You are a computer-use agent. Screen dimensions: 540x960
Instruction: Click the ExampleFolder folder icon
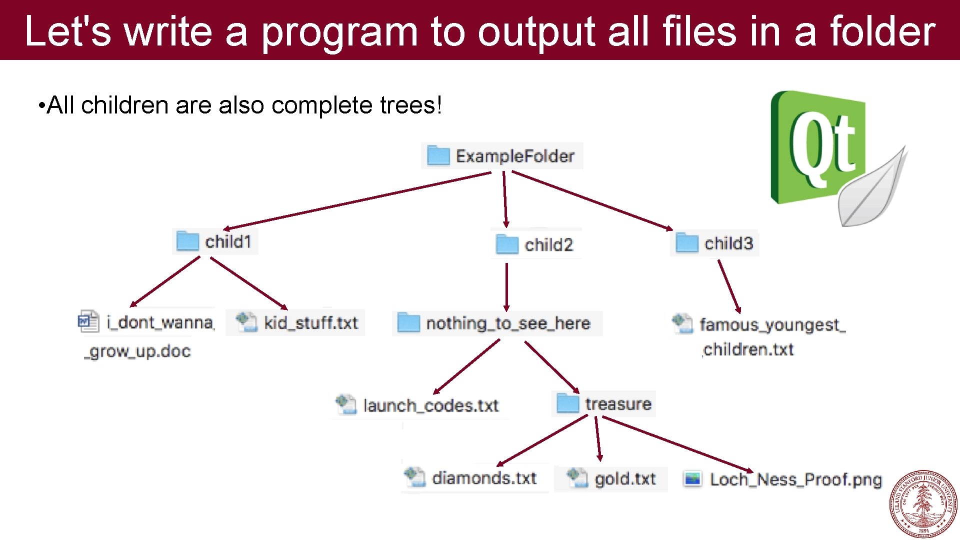(x=438, y=155)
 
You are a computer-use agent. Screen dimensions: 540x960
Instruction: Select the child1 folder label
(x=228, y=242)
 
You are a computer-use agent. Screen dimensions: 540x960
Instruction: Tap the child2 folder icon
(x=507, y=244)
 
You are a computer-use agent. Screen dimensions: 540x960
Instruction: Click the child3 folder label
(x=728, y=243)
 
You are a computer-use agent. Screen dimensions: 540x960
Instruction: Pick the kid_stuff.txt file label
(x=310, y=323)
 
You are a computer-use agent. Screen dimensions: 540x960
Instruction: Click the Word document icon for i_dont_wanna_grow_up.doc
(x=88, y=321)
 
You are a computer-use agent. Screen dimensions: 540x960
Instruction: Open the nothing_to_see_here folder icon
(x=408, y=323)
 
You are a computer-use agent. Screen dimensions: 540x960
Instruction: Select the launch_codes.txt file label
(x=430, y=405)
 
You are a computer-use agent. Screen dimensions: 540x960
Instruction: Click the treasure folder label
(x=618, y=404)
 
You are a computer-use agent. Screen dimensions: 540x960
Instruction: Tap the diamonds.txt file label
(x=484, y=478)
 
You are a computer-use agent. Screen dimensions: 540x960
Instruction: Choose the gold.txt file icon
(x=577, y=477)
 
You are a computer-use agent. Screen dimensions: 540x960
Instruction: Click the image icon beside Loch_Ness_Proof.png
(x=693, y=479)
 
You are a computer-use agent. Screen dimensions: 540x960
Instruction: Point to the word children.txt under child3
(x=748, y=349)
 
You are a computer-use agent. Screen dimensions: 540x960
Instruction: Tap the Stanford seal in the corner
(x=923, y=504)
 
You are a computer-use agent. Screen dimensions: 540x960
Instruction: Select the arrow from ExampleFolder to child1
(x=357, y=200)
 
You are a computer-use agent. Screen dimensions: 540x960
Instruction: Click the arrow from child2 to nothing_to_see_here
(x=506, y=287)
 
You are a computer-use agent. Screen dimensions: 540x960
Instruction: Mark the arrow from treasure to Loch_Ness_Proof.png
(x=677, y=443)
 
